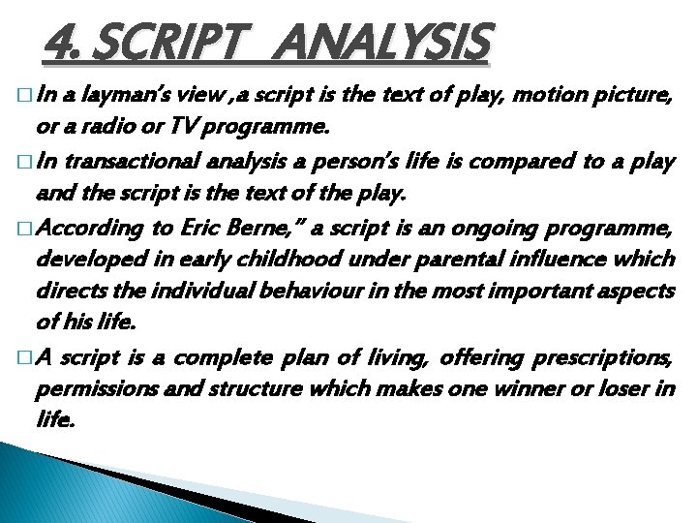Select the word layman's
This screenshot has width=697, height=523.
(x=124, y=96)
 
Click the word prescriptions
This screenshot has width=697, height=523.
(x=602, y=357)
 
